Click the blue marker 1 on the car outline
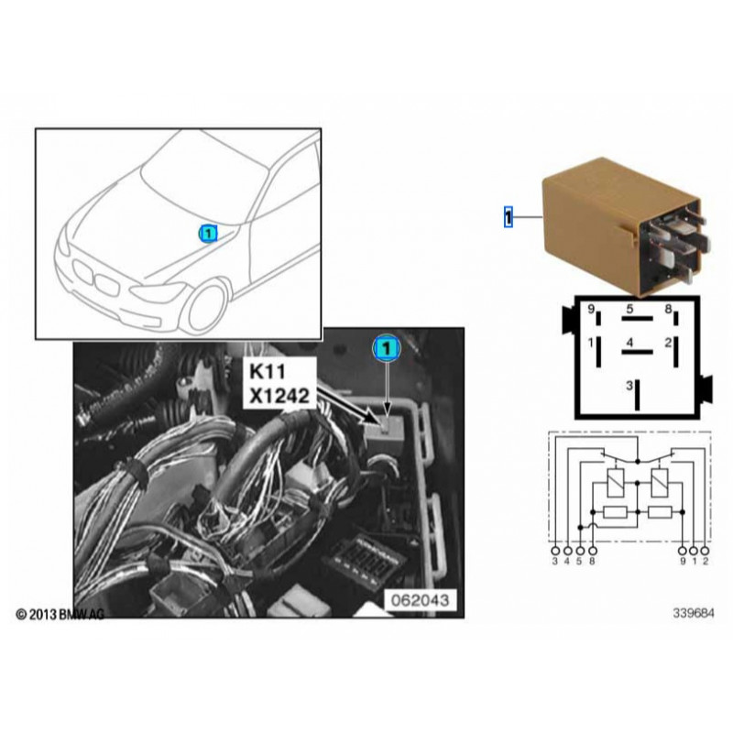tap(208, 234)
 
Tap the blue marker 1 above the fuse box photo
tap(387, 348)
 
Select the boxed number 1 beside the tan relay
tap(509, 217)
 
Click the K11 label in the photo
tap(267, 372)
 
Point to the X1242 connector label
tap(279, 396)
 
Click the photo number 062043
tap(420, 600)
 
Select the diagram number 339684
tap(694, 613)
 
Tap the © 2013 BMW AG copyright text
tap(60, 614)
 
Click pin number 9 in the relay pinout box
tap(590, 310)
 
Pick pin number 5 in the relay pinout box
tap(629, 309)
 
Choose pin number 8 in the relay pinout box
tap(668, 309)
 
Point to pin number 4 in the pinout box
tap(629, 342)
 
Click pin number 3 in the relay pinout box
tap(629, 386)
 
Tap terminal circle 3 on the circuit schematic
tap(555, 551)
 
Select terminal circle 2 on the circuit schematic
tap(705, 551)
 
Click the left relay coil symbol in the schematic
tap(614, 483)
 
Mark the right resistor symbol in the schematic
tap(660, 513)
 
